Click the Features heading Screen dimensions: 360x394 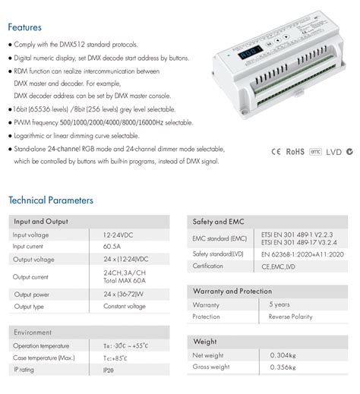click(x=26, y=27)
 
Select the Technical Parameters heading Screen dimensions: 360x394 click(x=51, y=200)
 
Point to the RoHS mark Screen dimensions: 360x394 click(x=295, y=151)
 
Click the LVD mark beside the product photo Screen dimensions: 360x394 click(x=334, y=151)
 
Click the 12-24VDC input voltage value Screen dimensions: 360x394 click(x=122, y=235)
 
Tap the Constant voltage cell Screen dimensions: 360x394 click(x=125, y=307)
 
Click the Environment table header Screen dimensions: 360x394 click(x=33, y=332)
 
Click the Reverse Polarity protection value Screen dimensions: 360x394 click(x=289, y=317)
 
